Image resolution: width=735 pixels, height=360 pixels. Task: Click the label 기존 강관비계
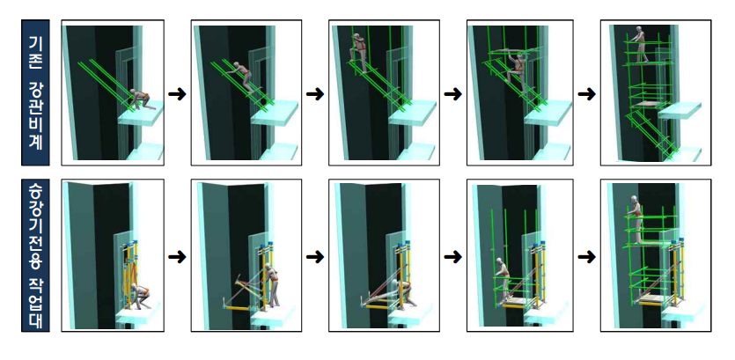(35, 92)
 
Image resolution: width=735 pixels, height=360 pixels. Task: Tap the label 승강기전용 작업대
(35, 255)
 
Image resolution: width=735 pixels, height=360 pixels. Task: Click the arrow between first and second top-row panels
(177, 94)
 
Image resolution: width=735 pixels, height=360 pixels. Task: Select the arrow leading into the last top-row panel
(586, 94)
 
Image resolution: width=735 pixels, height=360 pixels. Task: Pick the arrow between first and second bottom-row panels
(177, 257)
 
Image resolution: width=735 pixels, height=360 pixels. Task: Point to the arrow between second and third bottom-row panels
(315, 257)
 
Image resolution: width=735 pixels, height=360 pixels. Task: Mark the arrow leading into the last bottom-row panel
(586, 257)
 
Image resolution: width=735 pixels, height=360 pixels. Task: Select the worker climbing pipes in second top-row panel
(241, 77)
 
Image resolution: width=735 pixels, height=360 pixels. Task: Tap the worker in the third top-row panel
(359, 53)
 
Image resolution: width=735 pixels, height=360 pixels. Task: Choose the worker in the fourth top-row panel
(517, 71)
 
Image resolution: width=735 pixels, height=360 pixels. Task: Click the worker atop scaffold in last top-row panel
(638, 45)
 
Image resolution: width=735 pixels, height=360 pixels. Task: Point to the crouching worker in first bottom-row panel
(139, 297)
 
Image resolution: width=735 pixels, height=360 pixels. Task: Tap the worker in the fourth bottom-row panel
(502, 280)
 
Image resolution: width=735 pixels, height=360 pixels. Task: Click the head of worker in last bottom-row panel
(635, 199)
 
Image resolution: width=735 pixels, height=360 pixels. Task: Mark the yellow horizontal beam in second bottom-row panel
(239, 308)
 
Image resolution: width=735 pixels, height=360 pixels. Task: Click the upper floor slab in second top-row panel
(275, 114)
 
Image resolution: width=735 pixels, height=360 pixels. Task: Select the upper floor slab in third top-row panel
(413, 114)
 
